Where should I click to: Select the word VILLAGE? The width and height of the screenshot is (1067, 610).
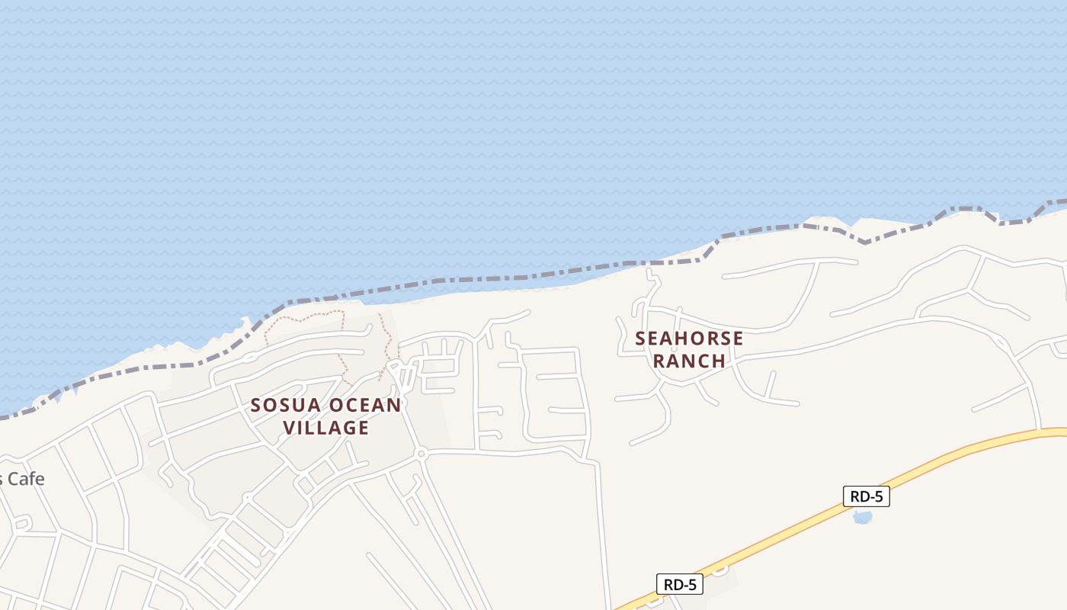click(326, 428)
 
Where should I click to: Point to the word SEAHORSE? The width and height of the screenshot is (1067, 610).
click(689, 338)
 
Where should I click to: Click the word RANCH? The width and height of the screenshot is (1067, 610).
click(689, 361)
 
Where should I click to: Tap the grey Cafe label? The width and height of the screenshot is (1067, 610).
click(26, 479)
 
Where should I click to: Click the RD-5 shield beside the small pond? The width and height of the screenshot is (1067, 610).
click(867, 496)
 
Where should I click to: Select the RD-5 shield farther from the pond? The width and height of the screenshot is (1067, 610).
click(679, 585)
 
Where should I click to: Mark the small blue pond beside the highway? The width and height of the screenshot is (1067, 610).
click(862, 518)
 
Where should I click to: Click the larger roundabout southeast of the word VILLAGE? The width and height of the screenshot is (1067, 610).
click(420, 454)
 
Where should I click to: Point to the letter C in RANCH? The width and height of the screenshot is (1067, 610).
click(700, 361)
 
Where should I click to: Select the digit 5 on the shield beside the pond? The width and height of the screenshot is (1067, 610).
click(879, 496)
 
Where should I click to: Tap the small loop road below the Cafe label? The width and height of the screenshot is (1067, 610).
click(21, 523)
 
